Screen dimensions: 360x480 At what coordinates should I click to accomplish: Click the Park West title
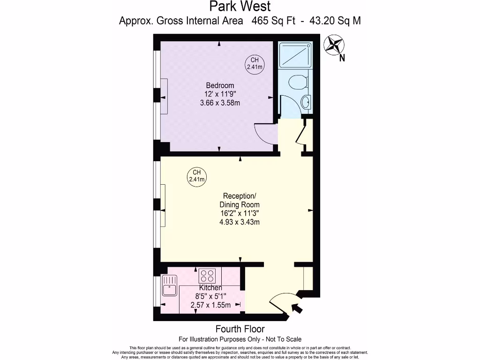pyautogui.click(x=240, y=7)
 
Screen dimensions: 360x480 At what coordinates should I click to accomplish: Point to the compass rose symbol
pyautogui.click(x=334, y=45)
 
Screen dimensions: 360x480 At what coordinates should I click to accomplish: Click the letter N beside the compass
pyautogui.click(x=342, y=59)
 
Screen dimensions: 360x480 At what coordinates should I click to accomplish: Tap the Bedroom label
pyautogui.click(x=220, y=85)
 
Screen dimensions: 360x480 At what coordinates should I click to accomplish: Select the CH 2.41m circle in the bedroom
pyautogui.click(x=255, y=63)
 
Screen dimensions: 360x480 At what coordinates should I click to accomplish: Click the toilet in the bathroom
pyautogui.click(x=297, y=82)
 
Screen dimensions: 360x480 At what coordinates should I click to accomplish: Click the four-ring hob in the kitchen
pyautogui.click(x=206, y=274)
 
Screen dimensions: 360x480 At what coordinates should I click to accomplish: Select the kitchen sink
pyautogui.click(x=168, y=285)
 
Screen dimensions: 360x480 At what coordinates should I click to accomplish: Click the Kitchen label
pyautogui.click(x=210, y=287)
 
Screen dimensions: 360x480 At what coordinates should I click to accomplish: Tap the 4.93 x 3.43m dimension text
pyautogui.click(x=240, y=222)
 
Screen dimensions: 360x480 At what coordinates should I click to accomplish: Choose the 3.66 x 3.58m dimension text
pyautogui.click(x=220, y=103)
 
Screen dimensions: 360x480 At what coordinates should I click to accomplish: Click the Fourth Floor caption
pyautogui.click(x=240, y=329)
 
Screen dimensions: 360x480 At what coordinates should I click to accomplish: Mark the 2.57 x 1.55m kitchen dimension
pyautogui.click(x=210, y=305)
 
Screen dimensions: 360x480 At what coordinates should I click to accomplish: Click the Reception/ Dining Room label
pyautogui.click(x=240, y=200)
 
